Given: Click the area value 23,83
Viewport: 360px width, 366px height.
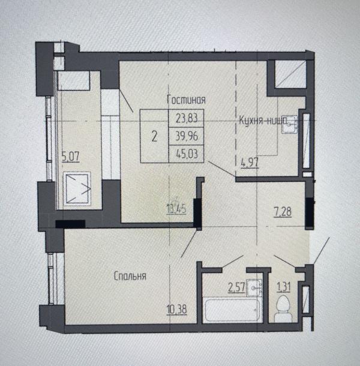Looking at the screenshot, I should [187, 118].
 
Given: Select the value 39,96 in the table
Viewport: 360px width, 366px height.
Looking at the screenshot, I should [187, 136].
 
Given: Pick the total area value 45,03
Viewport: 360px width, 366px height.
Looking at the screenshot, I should [187, 154].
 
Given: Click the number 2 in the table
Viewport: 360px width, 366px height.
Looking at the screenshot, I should [155, 136].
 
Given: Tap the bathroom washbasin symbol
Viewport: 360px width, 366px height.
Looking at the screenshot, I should [257, 287].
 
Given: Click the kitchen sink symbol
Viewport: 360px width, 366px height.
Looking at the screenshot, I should [292, 122].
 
